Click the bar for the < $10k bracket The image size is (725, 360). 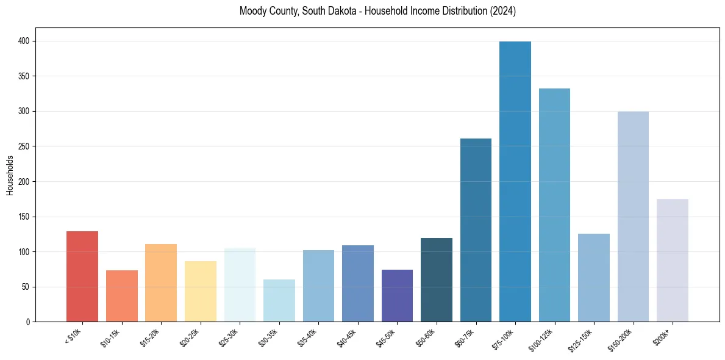tap(82, 276)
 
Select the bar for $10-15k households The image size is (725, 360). tap(122, 296)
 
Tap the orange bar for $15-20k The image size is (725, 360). tap(161, 283)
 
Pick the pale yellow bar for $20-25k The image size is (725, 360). tap(201, 291)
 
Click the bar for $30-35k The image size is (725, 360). tap(279, 300)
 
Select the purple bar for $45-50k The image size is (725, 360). tap(397, 295)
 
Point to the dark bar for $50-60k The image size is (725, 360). tap(437, 279)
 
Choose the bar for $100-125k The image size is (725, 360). tap(554, 205)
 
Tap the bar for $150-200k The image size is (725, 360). tap(633, 216)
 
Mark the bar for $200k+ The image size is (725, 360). tap(673, 260)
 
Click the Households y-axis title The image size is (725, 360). tap(10, 175)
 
